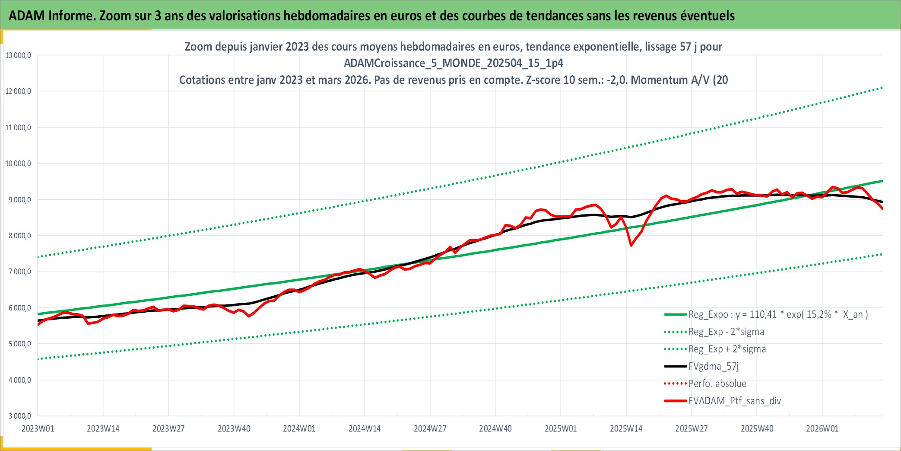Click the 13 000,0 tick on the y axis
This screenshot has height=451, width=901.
[18, 55]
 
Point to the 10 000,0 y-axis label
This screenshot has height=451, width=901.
[18, 163]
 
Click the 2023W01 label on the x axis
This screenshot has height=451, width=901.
[38, 429]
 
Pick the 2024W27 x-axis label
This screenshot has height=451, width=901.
[430, 429]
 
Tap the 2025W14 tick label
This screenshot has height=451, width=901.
[626, 429]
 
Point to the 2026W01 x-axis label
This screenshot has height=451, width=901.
[822, 429]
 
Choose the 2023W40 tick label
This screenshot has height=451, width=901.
[234, 429]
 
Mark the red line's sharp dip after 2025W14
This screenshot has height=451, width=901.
[631, 245]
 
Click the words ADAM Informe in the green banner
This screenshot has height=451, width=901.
[51, 16]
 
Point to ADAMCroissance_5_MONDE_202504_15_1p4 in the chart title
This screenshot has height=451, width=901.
[454, 63]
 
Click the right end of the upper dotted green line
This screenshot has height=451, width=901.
[882, 88]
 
